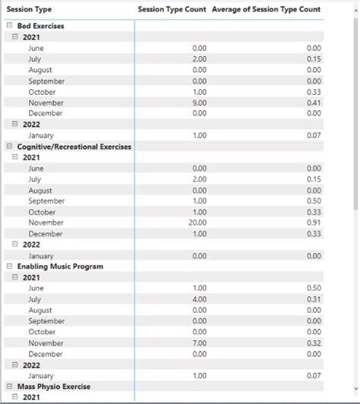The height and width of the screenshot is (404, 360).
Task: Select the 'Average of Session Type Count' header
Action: pyautogui.click(x=266, y=9)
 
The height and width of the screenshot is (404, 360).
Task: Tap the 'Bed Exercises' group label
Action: pyautogui.click(x=40, y=26)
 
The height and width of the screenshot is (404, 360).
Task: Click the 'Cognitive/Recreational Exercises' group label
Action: pyautogui.click(x=74, y=147)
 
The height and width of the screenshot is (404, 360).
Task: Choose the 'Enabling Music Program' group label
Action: pyautogui.click(x=60, y=267)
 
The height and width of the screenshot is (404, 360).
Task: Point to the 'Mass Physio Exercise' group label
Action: pyautogui.click(x=53, y=387)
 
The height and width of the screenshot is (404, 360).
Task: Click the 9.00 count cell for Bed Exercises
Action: pyautogui.click(x=199, y=103)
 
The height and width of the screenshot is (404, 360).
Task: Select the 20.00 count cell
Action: pyautogui.click(x=197, y=223)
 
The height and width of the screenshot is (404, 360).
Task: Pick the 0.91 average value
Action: pyautogui.click(x=313, y=223)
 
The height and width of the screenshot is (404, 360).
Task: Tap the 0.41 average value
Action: pyautogui.click(x=313, y=103)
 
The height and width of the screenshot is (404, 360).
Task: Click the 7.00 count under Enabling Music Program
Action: pyautogui.click(x=199, y=343)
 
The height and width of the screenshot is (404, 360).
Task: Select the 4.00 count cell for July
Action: pyautogui.click(x=199, y=300)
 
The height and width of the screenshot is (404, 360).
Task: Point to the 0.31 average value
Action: pyautogui.click(x=313, y=300)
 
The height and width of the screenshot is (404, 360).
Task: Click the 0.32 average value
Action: pyautogui.click(x=313, y=343)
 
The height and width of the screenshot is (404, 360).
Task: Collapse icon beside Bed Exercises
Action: pyautogui.click(x=9, y=26)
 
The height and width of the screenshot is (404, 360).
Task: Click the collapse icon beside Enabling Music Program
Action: pyautogui.click(x=9, y=267)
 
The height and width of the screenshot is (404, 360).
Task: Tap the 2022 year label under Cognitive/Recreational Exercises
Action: pyautogui.click(x=32, y=245)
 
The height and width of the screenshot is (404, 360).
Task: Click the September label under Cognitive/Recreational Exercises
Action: pyautogui.click(x=46, y=201)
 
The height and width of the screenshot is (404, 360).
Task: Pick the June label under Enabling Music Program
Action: pyautogui.click(x=36, y=289)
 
